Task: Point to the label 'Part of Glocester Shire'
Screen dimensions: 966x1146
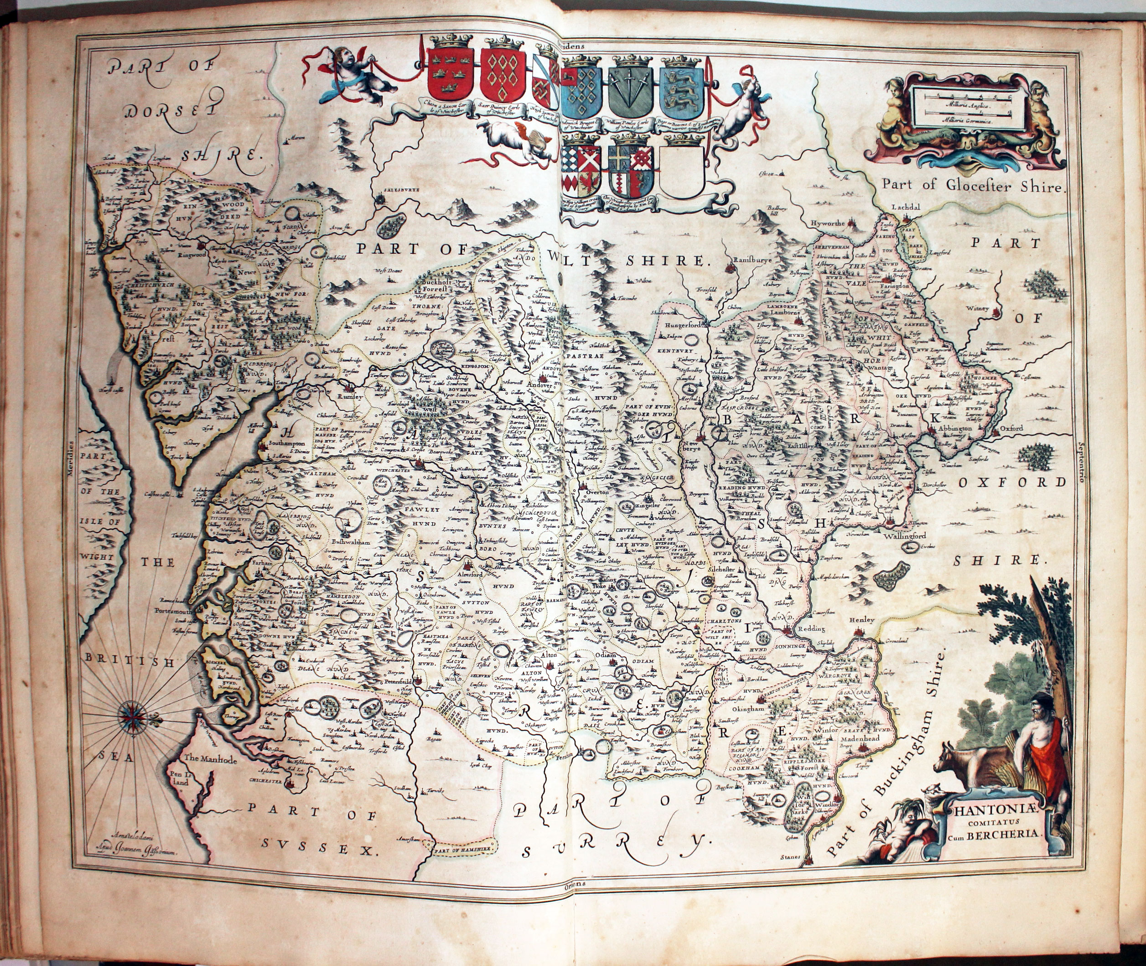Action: point(971,186)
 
